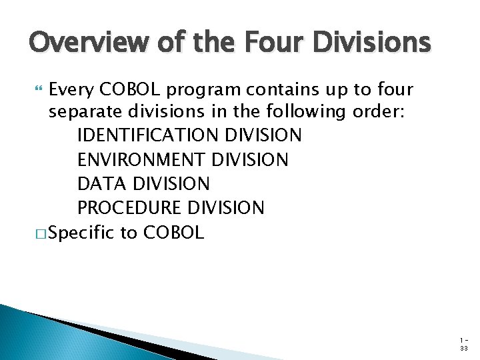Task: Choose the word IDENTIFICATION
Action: [x=148, y=135]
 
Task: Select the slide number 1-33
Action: [x=463, y=344]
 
